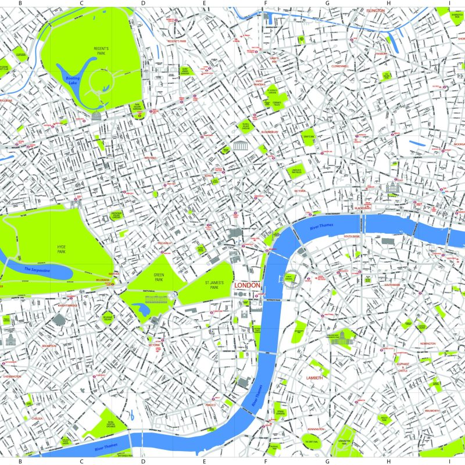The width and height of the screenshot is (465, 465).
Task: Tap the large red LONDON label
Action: pos(247,286)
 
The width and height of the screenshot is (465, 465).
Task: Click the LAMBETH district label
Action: pos(314,378)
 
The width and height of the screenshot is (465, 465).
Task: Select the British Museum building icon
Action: pos(239,146)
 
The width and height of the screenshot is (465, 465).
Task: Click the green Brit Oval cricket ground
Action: pos(310,440)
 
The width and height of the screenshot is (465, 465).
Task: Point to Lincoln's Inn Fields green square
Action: pos(296,171)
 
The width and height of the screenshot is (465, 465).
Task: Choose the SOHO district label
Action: pos(208,176)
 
